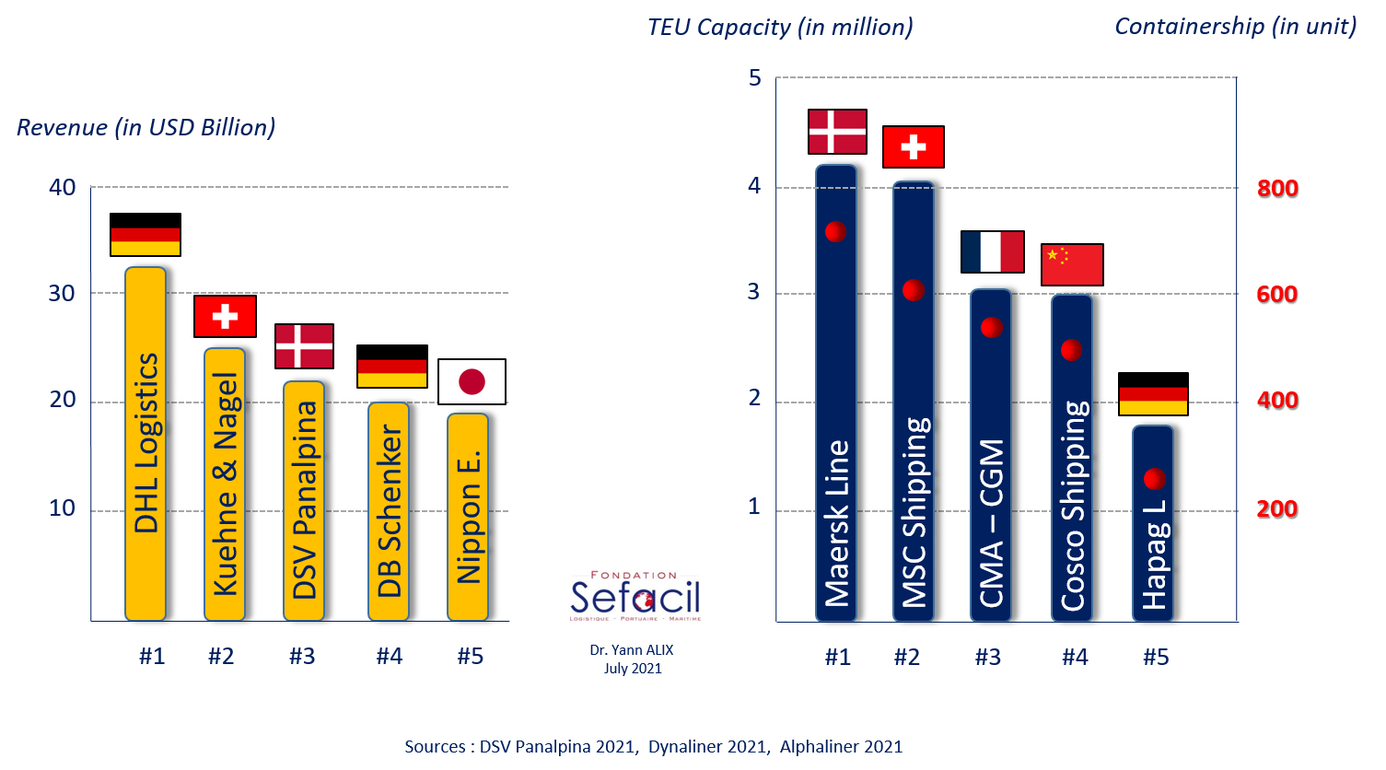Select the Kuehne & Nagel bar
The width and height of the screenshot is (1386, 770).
pos(225,484)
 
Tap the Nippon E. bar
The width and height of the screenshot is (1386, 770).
pos(468,517)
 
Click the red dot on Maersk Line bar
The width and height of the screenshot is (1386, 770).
pos(835,231)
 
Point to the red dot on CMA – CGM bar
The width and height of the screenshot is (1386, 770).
pos(991,327)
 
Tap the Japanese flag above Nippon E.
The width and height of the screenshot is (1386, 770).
pos(472,381)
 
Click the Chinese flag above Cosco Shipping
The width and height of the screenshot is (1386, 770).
pos(1072,264)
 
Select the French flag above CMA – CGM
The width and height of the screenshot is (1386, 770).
pos(993,251)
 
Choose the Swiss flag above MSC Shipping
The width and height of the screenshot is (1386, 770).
pos(914,146)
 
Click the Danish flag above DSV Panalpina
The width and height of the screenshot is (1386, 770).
pos(304,346)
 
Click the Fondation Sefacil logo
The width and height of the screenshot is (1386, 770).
pos(635,595)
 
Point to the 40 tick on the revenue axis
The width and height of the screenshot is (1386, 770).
pos(62,187)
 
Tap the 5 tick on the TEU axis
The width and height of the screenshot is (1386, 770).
pos(755,77)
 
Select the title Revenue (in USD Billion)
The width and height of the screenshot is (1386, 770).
pos(146,127)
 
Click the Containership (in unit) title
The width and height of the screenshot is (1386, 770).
pos(1235,27)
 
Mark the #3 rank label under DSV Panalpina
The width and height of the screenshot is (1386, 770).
pos(302,657)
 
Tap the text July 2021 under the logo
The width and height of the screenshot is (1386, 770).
pos(633,669)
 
